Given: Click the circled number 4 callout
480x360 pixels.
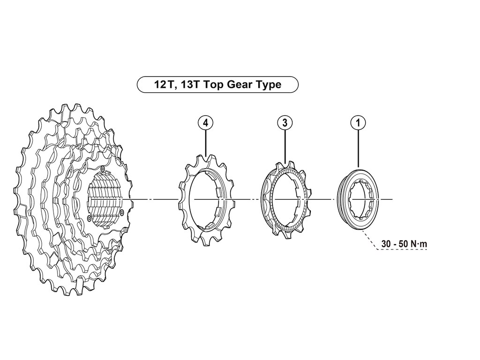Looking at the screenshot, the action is coord(205,123).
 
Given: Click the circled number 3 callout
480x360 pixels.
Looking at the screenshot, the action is coord(285,123).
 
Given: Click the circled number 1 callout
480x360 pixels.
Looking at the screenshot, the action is coord(358,123).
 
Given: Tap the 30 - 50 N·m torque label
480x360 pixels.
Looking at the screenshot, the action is coord(404,244).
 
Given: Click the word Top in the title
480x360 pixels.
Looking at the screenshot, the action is coord(214,85).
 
